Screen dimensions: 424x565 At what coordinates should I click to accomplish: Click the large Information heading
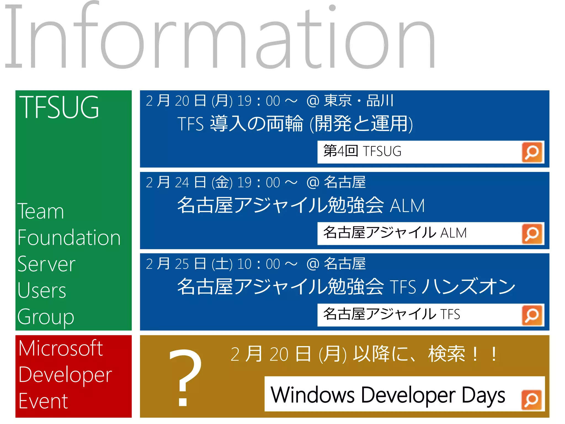click(x=219, y=37)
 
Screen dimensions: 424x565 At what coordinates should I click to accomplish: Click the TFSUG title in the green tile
click(x=59, y=108)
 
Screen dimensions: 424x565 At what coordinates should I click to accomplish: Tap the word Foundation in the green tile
click(x=69, y=238)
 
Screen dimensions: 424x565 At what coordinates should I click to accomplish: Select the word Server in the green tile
click(x=46, y=264)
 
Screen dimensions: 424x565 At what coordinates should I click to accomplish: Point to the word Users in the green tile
click(x=42, y=290)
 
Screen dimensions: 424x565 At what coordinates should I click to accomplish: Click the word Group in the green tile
click(x=46, y=317)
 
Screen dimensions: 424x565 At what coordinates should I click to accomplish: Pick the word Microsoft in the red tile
click(x=61, y=348)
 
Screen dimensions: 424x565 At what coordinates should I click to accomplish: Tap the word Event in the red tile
click(x=43, y=401)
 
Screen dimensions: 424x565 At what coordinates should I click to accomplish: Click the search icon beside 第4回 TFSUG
click(x=532, y=152)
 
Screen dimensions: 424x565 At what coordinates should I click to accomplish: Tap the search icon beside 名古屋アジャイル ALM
click(x=532, y=234)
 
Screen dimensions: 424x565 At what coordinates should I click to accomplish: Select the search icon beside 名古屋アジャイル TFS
click(x=532, y=315)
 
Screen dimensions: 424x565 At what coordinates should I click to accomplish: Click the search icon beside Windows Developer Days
click(x=532, y=400)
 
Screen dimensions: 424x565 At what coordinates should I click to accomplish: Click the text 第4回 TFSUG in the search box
click(x=362, y=151)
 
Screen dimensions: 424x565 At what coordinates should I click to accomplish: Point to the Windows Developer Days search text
click(x=388, y=395)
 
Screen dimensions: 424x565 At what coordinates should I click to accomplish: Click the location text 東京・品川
click(x=359, y=100)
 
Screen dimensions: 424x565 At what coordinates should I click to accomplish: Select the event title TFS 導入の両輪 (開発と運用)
click(x=295, y=123)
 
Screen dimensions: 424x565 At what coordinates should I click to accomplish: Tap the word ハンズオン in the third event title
click(x=469, y=287)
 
